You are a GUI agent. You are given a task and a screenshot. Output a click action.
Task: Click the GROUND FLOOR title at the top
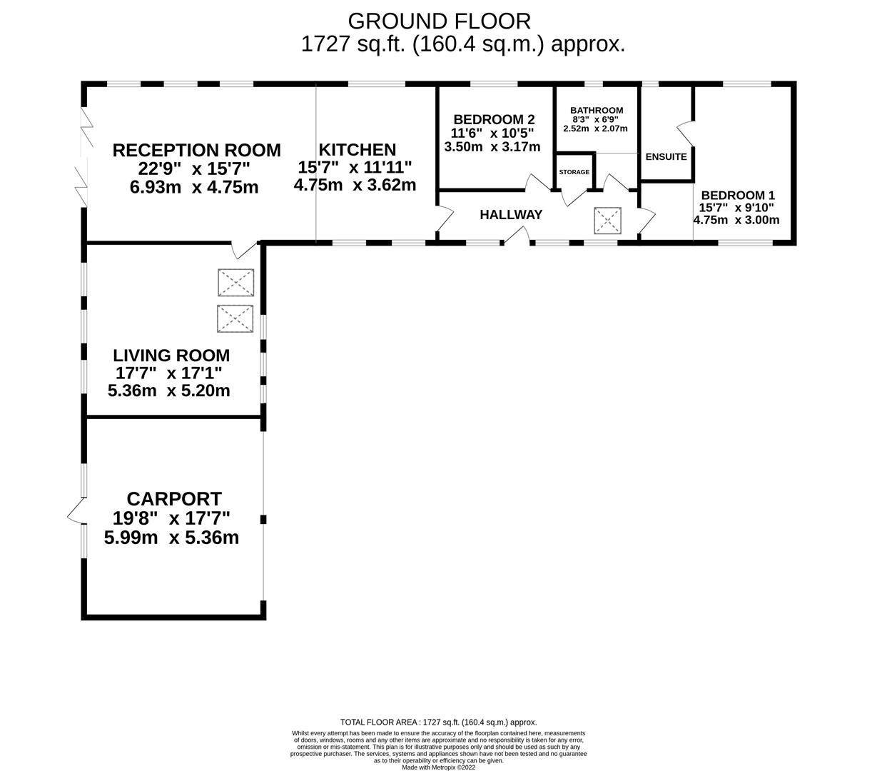coord(439,21)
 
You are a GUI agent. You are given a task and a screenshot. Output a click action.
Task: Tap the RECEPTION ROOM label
coord(196,151)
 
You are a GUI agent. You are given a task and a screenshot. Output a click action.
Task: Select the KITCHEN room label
coord(357,150)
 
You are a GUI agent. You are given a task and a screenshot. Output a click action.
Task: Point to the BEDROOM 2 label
coord(494,119)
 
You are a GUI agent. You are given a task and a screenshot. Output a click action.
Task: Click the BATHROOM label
coord(597,110)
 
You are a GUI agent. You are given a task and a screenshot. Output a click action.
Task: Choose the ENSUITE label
coord(666,156)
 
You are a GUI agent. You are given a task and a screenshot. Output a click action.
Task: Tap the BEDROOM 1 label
coord(738,195)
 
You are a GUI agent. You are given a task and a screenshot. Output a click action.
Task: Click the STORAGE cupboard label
coord(574,172)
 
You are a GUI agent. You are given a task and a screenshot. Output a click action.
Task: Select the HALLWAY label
coord(511,214)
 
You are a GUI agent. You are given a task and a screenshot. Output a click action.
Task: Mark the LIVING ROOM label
coord(171,355)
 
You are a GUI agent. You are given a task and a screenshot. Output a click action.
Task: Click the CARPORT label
coord(174,498)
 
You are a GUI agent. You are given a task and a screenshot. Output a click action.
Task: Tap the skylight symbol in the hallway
coord(608,221)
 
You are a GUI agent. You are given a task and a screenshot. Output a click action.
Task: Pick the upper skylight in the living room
coord(235,282)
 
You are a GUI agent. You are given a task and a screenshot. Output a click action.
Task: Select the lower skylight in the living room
coord(235,318)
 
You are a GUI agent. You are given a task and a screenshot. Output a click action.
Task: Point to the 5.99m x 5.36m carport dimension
coord(171,538)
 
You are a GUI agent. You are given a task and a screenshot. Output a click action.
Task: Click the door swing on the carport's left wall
coord(76,510)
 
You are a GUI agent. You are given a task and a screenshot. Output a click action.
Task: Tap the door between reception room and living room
coord(244,249)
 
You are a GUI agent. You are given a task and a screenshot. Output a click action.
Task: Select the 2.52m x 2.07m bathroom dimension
coord(595,128)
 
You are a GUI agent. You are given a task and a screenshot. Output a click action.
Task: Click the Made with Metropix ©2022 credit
coord(438,767)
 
